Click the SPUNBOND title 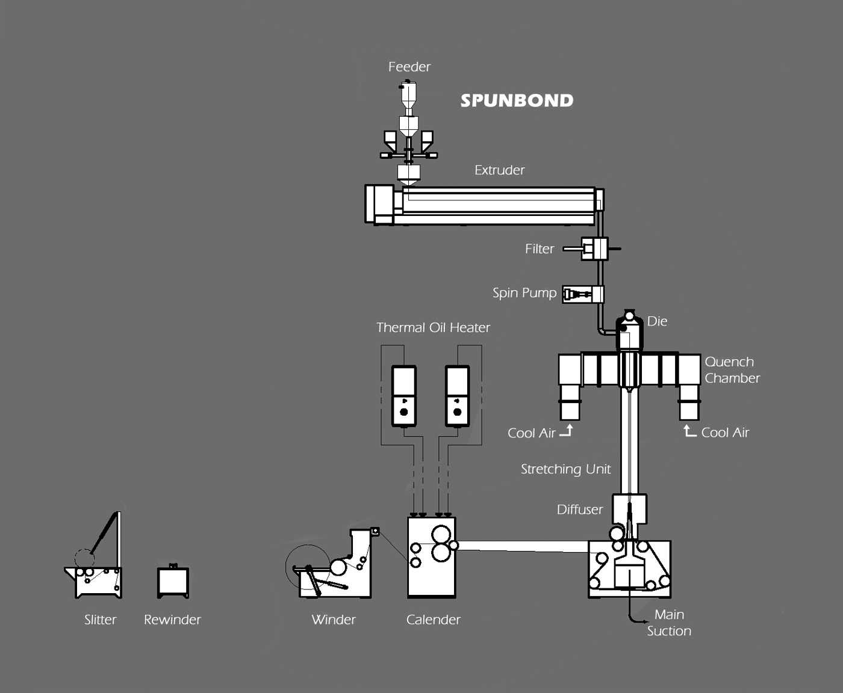(517, 100)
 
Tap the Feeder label (409, 67)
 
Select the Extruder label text (499, 170)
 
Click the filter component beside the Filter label (594, 248)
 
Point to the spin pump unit (583, 294)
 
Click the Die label (657, 321)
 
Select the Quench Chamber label (732, 370)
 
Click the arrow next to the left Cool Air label (566, 431)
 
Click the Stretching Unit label (565, 469)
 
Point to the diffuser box (629, 509)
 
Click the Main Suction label (669, 623)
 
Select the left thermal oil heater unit (403, 396)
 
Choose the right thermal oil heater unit (457, 396)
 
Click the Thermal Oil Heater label (433, 328)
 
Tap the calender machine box (431, 557)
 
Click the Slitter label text (100, 620)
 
